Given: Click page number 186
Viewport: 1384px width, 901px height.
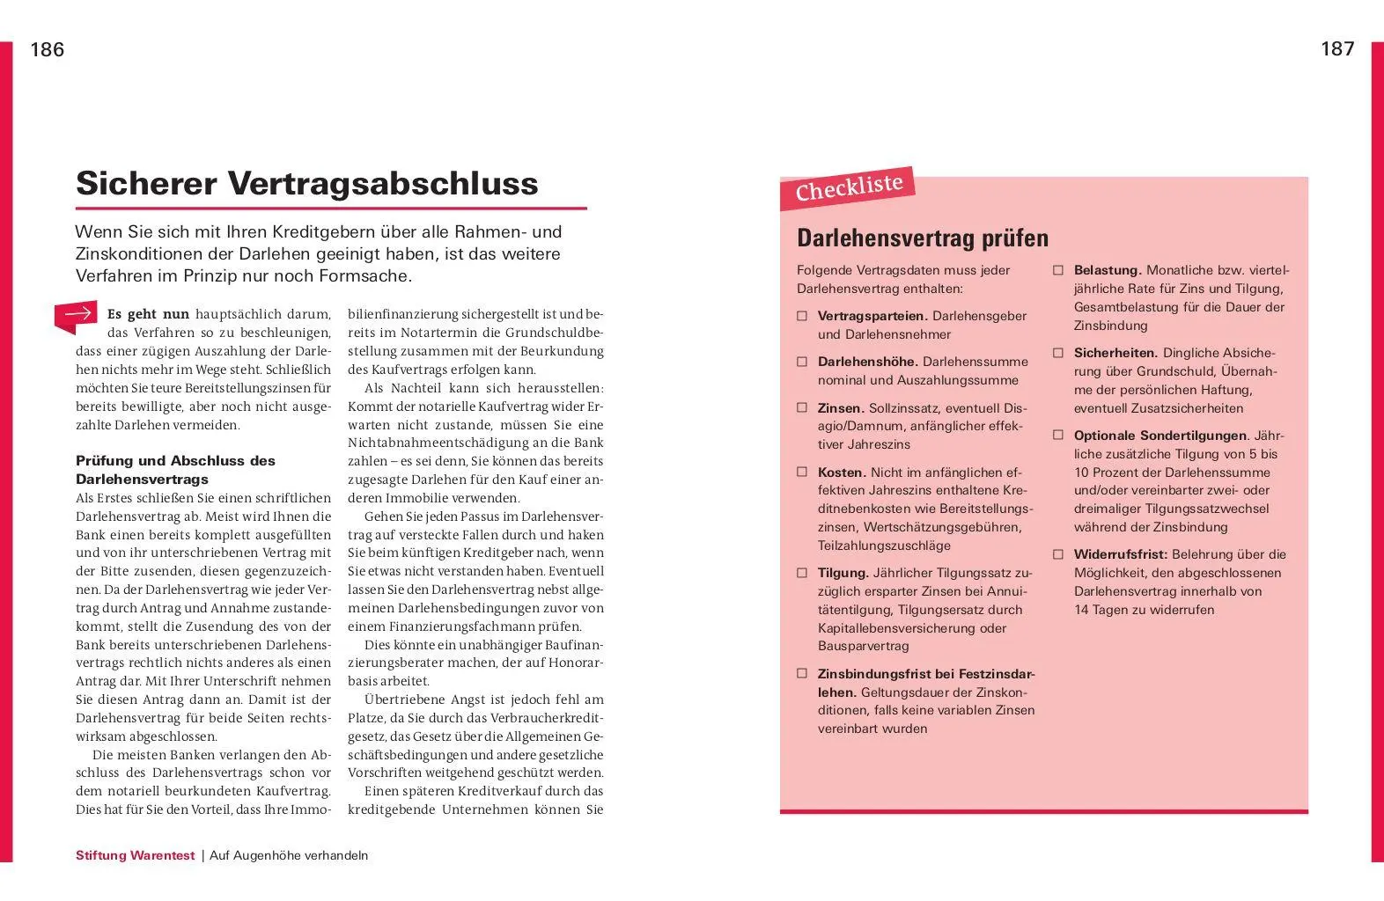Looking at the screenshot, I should click(x=48, y=50).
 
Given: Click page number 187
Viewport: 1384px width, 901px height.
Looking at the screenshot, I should click(x=1336, y=49).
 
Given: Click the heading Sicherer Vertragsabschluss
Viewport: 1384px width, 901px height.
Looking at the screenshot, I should click(x=306, y=184).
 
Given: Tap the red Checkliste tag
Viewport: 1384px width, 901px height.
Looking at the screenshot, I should click(x=849, y=187).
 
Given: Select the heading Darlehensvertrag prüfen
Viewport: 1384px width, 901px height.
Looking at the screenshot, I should click(x=922, y=238).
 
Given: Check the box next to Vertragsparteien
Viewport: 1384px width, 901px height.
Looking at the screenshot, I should click(x=802, y=316).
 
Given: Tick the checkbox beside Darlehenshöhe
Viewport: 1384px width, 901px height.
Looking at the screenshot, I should click(x=802, y=362).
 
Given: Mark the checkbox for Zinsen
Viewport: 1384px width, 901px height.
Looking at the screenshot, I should click(x=802, y=408).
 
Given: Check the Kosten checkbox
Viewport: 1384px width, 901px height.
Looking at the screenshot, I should click(x=802, y=472).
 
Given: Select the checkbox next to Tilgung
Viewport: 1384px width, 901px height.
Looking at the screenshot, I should click(x=802, y=573).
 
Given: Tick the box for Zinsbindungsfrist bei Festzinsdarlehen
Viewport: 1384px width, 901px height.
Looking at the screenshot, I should click(x=802, y=674).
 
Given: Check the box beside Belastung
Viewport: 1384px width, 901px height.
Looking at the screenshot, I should click(x=1058, y=270).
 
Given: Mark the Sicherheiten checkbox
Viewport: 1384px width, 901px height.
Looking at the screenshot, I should click(x=1058, y=353).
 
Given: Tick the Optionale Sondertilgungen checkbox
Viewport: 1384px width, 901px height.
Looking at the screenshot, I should click(x=1058, y=436).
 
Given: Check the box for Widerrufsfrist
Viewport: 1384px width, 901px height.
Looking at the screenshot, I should click(x=1058, y=554).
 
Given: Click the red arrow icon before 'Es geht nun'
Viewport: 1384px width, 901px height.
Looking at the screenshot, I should click(x=77, y=315).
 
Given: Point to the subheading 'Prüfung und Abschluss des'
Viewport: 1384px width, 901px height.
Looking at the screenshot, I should click(x=175, y=461).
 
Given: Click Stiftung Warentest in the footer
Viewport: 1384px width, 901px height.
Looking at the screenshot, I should click(x=135, y=855).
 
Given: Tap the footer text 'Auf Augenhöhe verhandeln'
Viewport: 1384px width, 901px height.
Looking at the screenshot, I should click(x=289, y=855).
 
